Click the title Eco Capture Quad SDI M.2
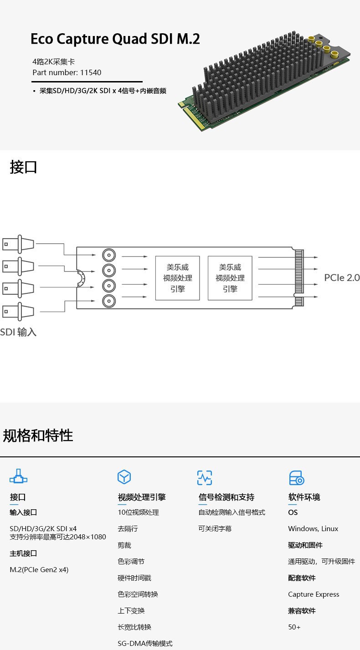[115, 39]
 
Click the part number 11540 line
[67, 72]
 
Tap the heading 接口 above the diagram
[23, 167]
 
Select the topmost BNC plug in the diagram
[18, 244]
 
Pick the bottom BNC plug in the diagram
[18, 312]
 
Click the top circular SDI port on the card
[109, 255]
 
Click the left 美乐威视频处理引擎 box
[177, 278]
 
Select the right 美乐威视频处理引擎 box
[230, 278]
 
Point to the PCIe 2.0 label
[342, 277]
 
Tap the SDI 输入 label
[18, 332]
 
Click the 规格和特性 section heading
[38, 435]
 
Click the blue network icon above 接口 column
[18, 476]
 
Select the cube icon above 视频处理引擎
[124, 477]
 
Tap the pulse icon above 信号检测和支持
[205, 477]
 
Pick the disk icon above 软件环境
[296, 478]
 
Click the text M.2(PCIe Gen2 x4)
[39, 570]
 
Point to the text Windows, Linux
[313, 529]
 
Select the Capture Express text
[314, 594]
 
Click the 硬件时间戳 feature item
[134, 578]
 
